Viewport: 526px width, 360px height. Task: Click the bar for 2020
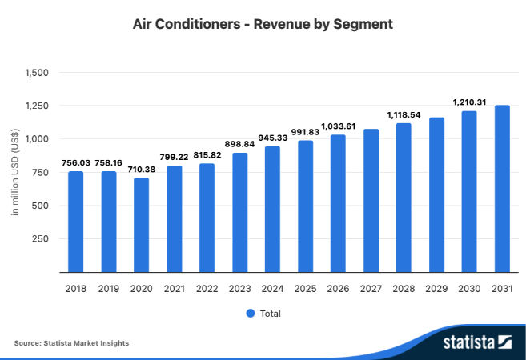141,225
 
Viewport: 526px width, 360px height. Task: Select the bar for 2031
502,189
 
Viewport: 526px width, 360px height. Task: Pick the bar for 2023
239,212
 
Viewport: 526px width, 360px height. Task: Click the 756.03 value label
75,162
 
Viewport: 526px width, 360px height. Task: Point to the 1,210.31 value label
469,102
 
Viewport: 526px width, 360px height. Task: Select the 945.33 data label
272,138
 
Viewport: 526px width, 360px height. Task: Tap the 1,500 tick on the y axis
37,73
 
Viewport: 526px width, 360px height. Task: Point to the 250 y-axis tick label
42,238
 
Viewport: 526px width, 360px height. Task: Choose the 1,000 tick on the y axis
37,139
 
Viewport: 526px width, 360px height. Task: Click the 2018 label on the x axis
75,287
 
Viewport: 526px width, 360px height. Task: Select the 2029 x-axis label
436,287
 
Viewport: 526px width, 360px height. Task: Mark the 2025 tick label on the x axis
305,287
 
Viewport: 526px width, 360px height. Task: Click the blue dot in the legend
250,314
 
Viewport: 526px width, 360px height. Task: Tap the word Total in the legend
271,314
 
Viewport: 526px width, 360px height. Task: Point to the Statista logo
478,342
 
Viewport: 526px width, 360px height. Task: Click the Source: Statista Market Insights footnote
71,343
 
